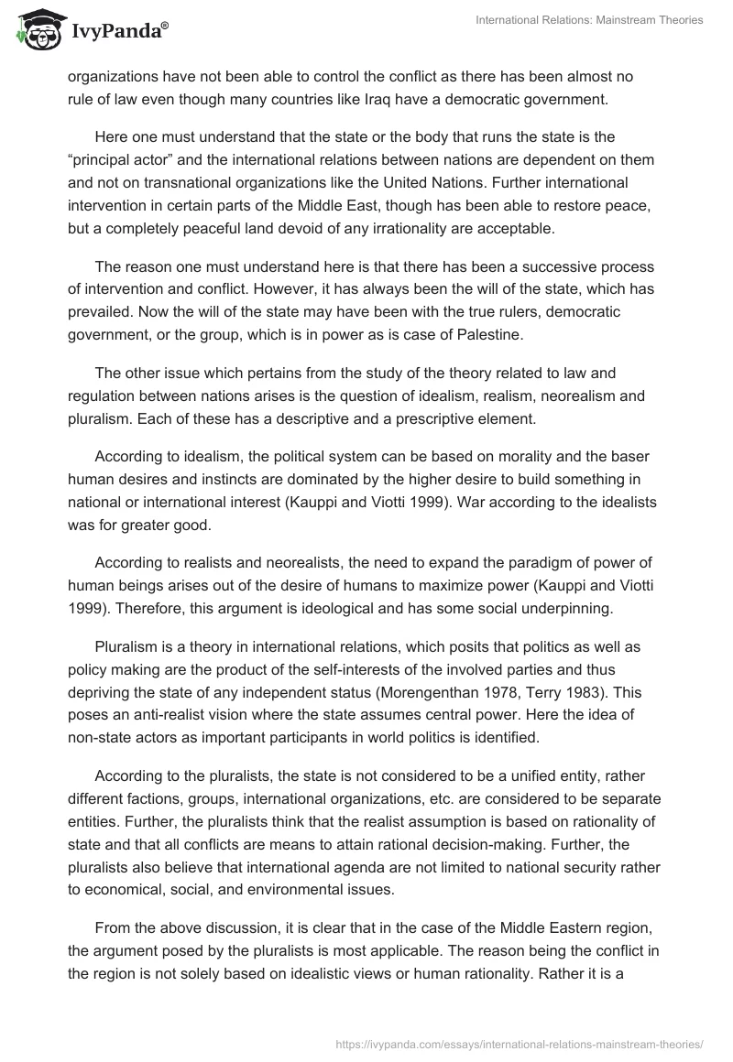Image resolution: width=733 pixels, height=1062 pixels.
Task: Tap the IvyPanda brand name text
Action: click(x=115, y=32)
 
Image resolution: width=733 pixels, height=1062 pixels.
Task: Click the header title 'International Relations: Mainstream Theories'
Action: click(x=589, y=21)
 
